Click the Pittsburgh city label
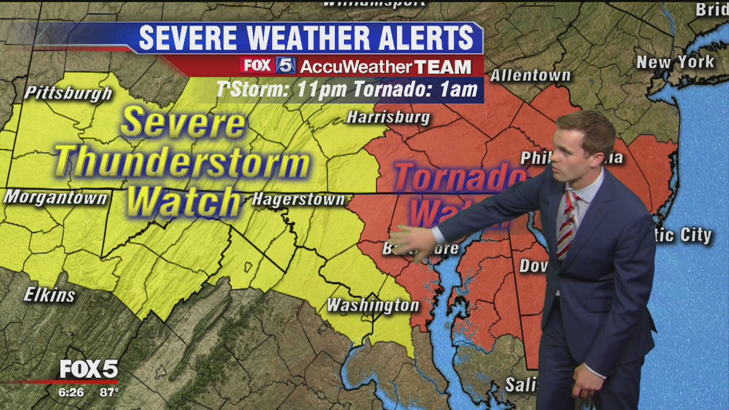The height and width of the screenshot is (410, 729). (68, 93)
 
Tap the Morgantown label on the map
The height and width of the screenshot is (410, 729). (55, 198)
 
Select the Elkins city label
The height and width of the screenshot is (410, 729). (50, 294)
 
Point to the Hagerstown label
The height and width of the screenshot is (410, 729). (298, 200)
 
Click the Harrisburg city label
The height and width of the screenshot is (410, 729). (388, 118)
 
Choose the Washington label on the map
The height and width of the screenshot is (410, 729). (373, 305)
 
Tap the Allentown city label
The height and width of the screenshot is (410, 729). (530, 75)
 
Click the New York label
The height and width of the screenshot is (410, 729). (675, 62)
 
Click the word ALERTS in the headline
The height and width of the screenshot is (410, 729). (421, 38)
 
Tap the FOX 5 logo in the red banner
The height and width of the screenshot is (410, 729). (268, 66)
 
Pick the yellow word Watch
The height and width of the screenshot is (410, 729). (183, 200)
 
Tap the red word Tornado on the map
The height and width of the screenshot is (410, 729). (458, 178)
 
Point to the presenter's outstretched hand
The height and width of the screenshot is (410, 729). (412, 243)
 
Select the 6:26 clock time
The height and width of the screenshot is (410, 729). (71, 392)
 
